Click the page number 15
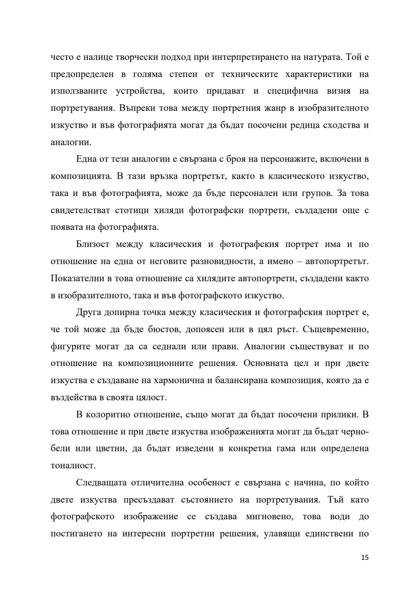[364, 557]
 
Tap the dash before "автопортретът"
[299, 261]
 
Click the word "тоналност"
[73, 465]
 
